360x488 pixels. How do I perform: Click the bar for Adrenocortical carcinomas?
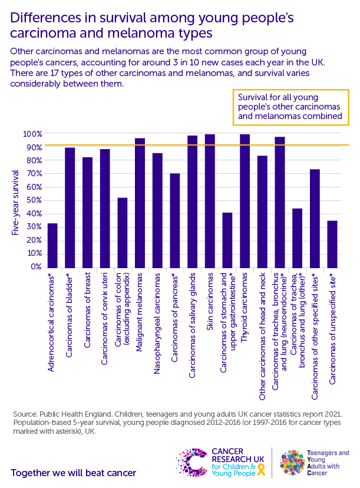(x=52, y=245)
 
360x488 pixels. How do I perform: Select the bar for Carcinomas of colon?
(x=123, y=232)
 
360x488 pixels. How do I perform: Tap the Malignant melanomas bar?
(x=140, y=203)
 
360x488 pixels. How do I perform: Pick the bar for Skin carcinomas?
(x=210, y=200)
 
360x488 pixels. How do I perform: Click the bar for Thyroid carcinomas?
(x=245, y=200)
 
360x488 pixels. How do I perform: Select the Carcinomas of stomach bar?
(x=227, y=240)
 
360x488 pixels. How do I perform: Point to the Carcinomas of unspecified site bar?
(x=332, y=244)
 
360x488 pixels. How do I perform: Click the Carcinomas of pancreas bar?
(x=175, y=220)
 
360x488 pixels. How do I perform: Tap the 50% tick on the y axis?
(x=34, y=200)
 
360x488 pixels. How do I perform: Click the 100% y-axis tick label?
(x=32, y=134)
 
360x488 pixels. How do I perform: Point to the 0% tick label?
(x=36, y=267)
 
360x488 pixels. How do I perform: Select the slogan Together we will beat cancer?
(x=73, y=473)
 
